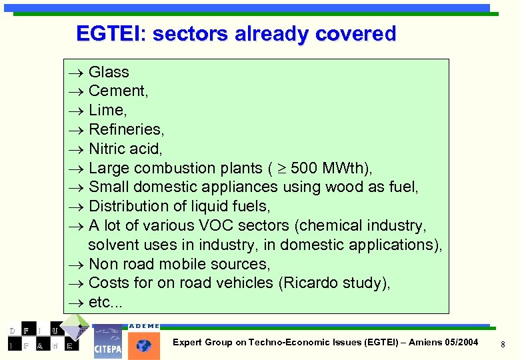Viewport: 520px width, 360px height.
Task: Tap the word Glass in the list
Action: pos(109,72)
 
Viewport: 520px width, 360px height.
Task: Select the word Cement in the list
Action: pos(116,91)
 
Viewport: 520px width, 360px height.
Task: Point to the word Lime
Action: pos(106,110)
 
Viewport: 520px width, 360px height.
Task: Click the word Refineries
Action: pos(125,129)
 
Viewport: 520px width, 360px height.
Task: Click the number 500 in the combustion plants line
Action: pos(305,168)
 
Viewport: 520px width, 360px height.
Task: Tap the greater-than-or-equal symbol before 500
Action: pos(281,168)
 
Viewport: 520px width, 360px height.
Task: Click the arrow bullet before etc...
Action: pos(75,303)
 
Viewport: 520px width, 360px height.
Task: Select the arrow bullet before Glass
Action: pos(75,72)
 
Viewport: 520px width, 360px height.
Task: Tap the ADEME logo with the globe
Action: pos(144,341)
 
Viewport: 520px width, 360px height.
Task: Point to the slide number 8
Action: pos(503,344)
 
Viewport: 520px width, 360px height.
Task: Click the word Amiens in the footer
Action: pos(426,343)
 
